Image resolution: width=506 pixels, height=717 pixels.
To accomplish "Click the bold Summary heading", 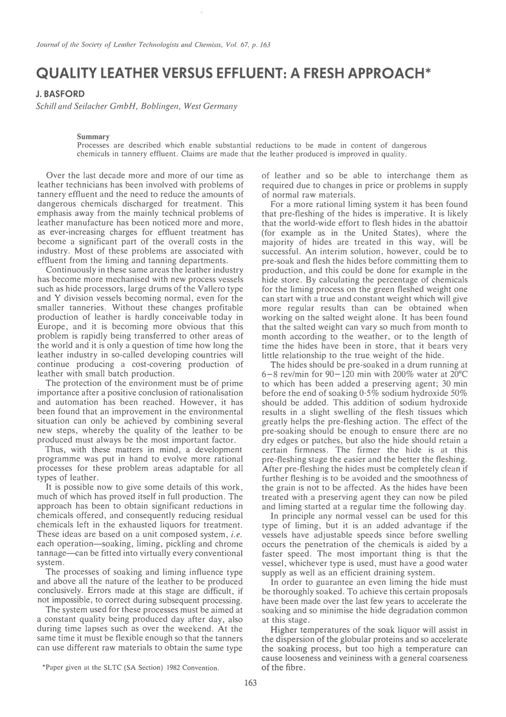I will (x=93, y=137).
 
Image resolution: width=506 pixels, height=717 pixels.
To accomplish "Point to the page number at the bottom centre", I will (x=250, y=682).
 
